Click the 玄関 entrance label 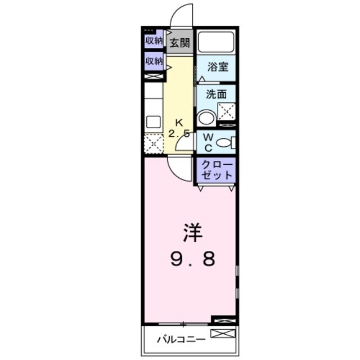tap(180, 42)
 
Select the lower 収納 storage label tap(153, 61)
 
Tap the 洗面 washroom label tap(216, 94)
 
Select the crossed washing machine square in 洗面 tap(227, 111)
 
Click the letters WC tap(207, 142)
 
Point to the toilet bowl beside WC tap(225, 143)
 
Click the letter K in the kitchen tap(179, 123)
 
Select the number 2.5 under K tap(179, 133)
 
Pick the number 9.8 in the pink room tap(191, 259)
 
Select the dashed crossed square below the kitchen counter tap(153, 143)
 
